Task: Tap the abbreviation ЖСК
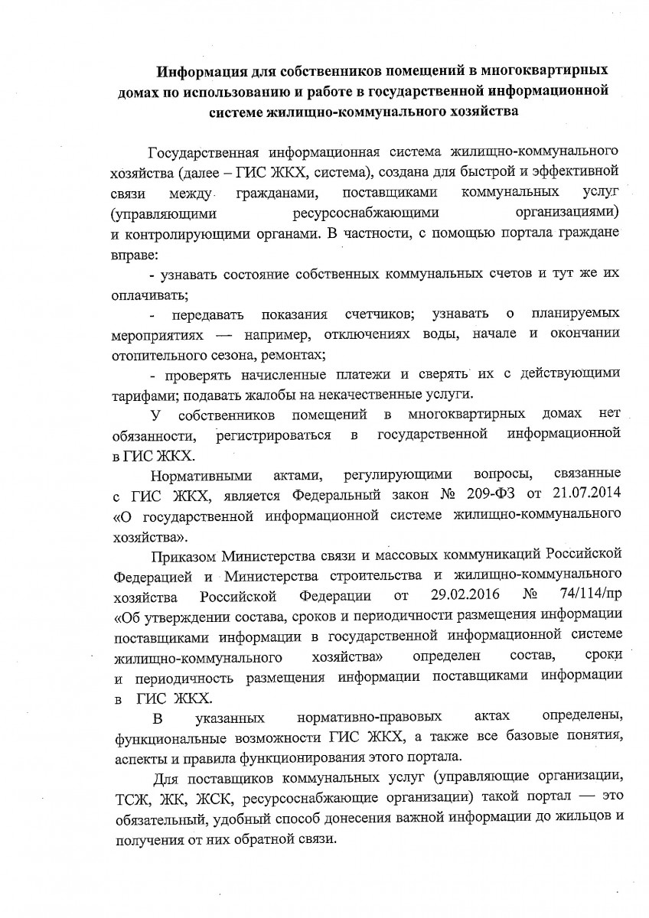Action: (x=220, y=798)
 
